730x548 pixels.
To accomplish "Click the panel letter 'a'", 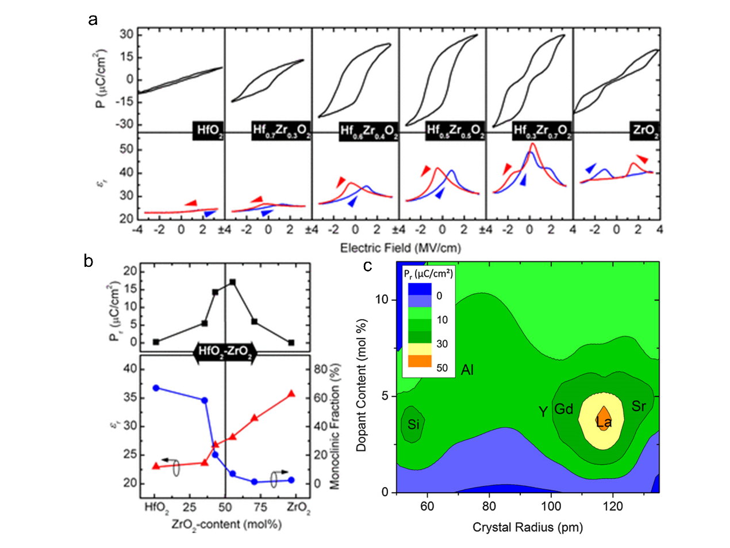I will [x=93, y=20].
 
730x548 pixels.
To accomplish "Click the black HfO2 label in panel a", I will [x=208, y=131].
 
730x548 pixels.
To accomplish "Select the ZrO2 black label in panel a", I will [x=645, y=131].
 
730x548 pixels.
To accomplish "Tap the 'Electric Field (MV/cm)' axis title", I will [x=401, y=248].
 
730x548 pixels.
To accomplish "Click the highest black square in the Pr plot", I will [x=232, y=282].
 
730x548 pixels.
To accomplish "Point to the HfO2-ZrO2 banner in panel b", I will [x=225, y=352].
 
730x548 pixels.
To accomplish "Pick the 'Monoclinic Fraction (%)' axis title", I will [x=335, y=426].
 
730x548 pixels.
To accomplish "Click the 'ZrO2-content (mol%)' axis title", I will [x=226, y=524].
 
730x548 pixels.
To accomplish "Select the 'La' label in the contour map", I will [x=604, y=423].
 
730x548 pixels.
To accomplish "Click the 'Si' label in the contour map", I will [x=413, y=425].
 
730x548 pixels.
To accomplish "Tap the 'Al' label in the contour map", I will [x=467, y=370].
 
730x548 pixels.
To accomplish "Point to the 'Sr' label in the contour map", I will [x=639, y=407].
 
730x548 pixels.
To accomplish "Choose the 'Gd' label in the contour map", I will [x=563, y=409].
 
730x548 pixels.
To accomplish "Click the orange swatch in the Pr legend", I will [x=419, y=361].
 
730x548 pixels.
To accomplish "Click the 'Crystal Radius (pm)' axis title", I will [x=528, y=527].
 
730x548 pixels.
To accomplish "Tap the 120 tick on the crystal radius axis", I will [x=613, y=506].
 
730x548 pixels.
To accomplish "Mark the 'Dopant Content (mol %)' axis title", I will [x=362, y=384].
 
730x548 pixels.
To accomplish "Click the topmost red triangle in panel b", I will [x=291, y=394].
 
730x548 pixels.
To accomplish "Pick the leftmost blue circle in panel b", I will [x=156, y=388].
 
